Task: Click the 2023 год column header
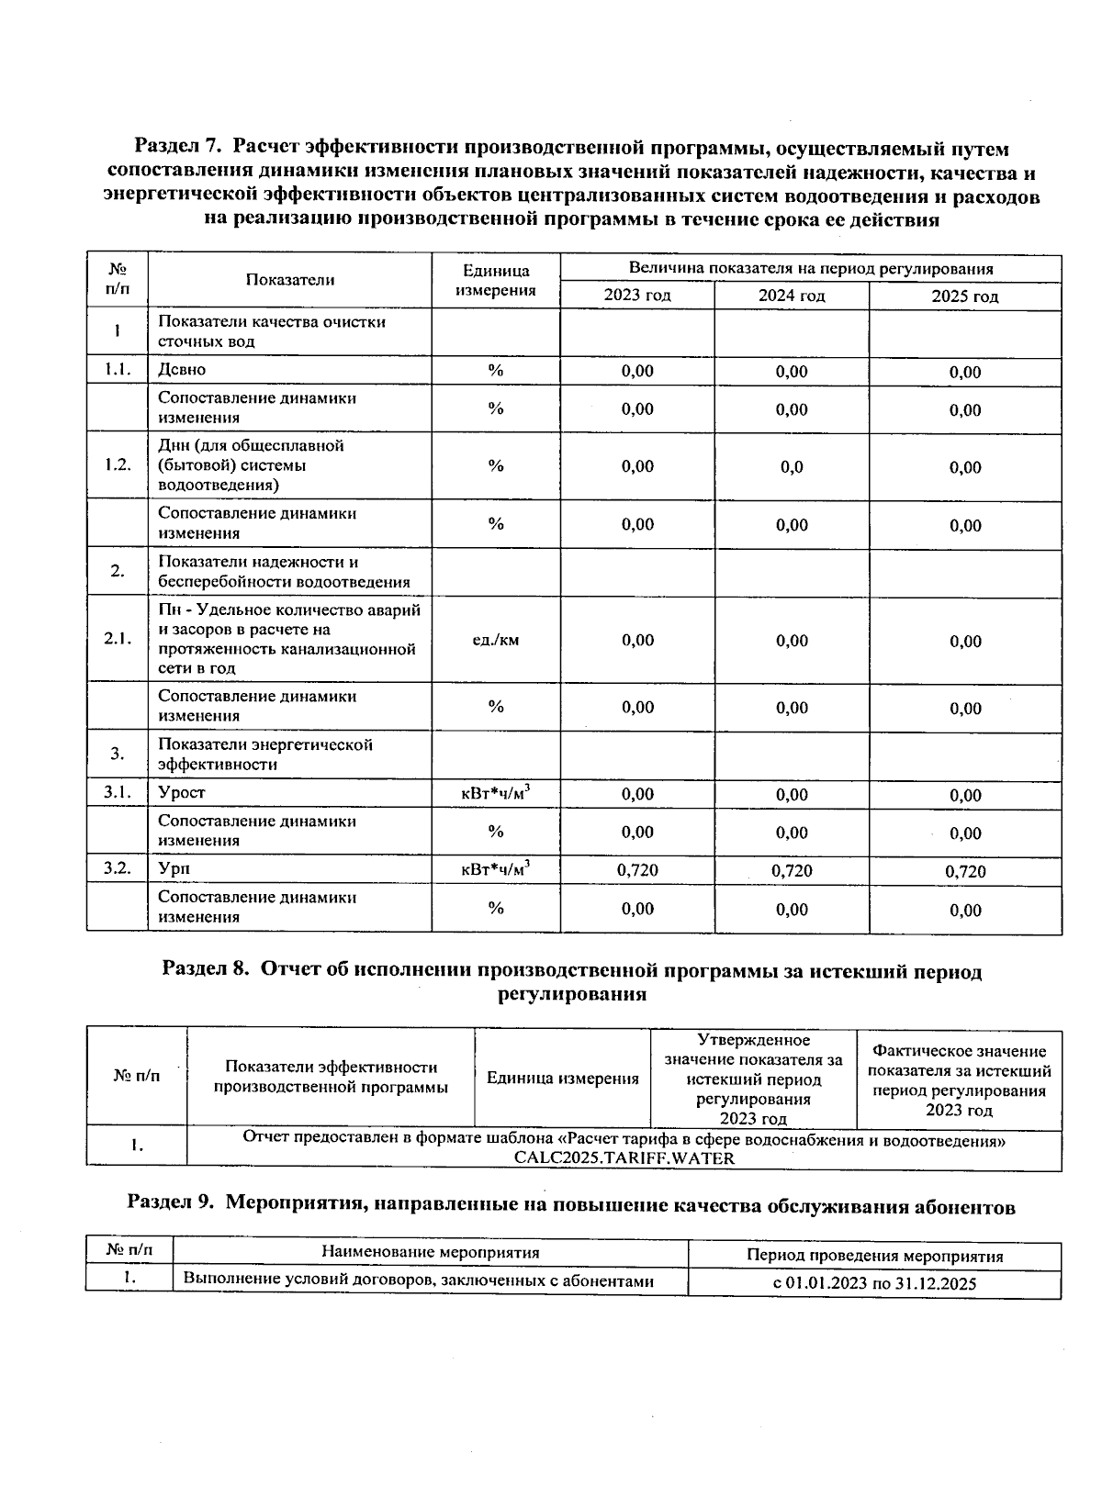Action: coord(637,296)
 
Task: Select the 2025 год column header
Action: coord(965,296)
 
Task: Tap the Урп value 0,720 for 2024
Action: coord(792,870)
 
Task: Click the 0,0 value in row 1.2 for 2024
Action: coord(792,466)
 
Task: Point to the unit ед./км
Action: coord(496,640)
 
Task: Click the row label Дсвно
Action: coord(182,370)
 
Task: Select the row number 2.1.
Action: coord(118,640)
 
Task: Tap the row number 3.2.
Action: coord(118,867)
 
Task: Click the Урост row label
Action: coord(182,793)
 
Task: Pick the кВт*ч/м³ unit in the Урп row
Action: coord(496,868)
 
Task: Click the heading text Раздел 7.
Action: coord(179,148)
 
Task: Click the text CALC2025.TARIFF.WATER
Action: coord(624,1158)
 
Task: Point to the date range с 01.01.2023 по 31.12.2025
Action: coord(874,1284)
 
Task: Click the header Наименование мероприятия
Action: coord(430,1253)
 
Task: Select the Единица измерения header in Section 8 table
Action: coord(562,1079)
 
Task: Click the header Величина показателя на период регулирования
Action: coord(811,269)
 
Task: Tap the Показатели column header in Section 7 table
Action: coord(290,281)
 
